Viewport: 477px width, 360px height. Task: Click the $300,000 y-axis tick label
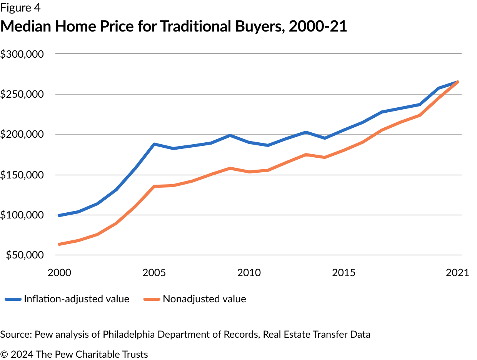click(x=22, y=54)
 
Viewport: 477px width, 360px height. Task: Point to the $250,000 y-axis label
click(x=22, y=95)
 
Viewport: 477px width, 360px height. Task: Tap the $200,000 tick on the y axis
click(x=22, y=135)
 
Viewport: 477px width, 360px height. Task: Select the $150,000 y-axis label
click(x=22, y=175)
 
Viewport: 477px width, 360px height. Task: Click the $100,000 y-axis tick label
click(x=22, y=215)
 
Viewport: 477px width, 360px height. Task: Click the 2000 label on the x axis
click(x=60, y=273)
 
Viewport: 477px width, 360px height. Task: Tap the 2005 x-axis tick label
click(x=154, y=273)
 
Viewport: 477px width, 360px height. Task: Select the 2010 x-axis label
click(x=249, y=273)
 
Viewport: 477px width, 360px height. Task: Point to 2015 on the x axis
click(x=344, y=273)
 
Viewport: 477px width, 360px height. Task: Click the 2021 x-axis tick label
click(x=457, y=273)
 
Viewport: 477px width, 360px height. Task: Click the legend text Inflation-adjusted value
click(x=77, y=299)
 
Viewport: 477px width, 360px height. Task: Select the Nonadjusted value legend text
click(x=204, y=299)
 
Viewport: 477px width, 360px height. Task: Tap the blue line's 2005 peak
click(x=154, y=144)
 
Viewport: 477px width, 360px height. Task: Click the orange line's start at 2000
click(x=59, y=244)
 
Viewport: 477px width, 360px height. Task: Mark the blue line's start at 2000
click(x=59, y=215)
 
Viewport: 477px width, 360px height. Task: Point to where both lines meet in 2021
click(x=457, y=82)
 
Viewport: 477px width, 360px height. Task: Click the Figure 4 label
click(x=20, y=7)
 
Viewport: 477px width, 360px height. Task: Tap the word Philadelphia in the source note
click(x=128, y=334)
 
